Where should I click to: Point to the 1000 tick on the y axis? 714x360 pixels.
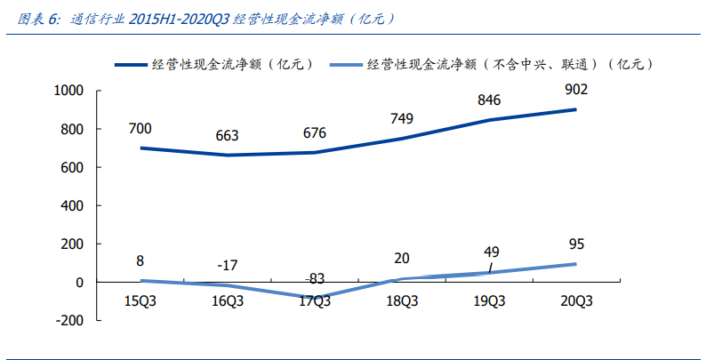tap(68, 91)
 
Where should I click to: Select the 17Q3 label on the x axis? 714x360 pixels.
tap(314, 301)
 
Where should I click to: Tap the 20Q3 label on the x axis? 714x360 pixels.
tap(575, 301)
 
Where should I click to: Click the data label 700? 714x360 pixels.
tap(140, 129)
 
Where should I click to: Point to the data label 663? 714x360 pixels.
tap(227, 136)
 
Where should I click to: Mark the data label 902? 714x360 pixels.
tap(575, 90)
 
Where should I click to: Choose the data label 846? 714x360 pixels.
tap(488, 100)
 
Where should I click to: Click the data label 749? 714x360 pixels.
tap(402, 119)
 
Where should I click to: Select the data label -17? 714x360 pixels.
tap(227, 266)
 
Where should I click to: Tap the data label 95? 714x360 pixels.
tap(575, 245)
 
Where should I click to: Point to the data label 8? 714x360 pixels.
tap(140, 261)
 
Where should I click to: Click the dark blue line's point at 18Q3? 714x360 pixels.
tap(401, 139)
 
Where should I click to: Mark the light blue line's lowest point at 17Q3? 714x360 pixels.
tap(314, 298)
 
